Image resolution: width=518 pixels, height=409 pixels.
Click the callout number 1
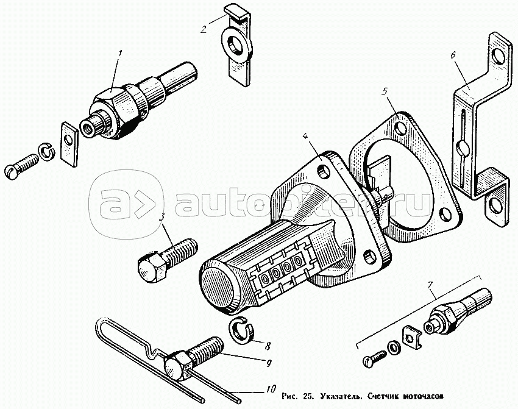point(120,53)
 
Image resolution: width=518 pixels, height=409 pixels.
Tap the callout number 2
point(204,29)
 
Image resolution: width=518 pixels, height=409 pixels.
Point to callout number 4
point(304,136)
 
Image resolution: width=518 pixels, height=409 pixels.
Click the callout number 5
point(385,92)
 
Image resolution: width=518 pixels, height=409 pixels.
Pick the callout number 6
point(453,55)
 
